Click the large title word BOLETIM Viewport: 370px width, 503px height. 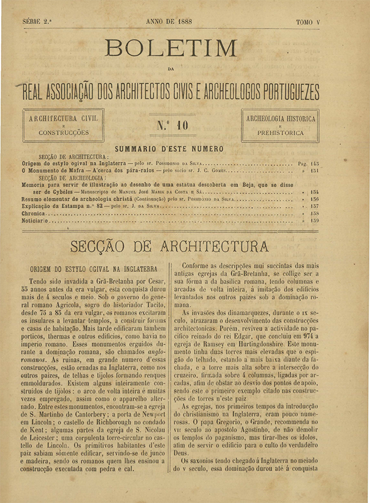[171, 49]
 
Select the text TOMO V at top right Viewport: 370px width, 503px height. [308, 23]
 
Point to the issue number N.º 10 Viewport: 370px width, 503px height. [172, 125]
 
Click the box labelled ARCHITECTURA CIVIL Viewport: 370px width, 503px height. [63, 125]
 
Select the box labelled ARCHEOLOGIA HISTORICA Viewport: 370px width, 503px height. [280, 125]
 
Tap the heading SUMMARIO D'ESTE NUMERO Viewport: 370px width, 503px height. [169, 149]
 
